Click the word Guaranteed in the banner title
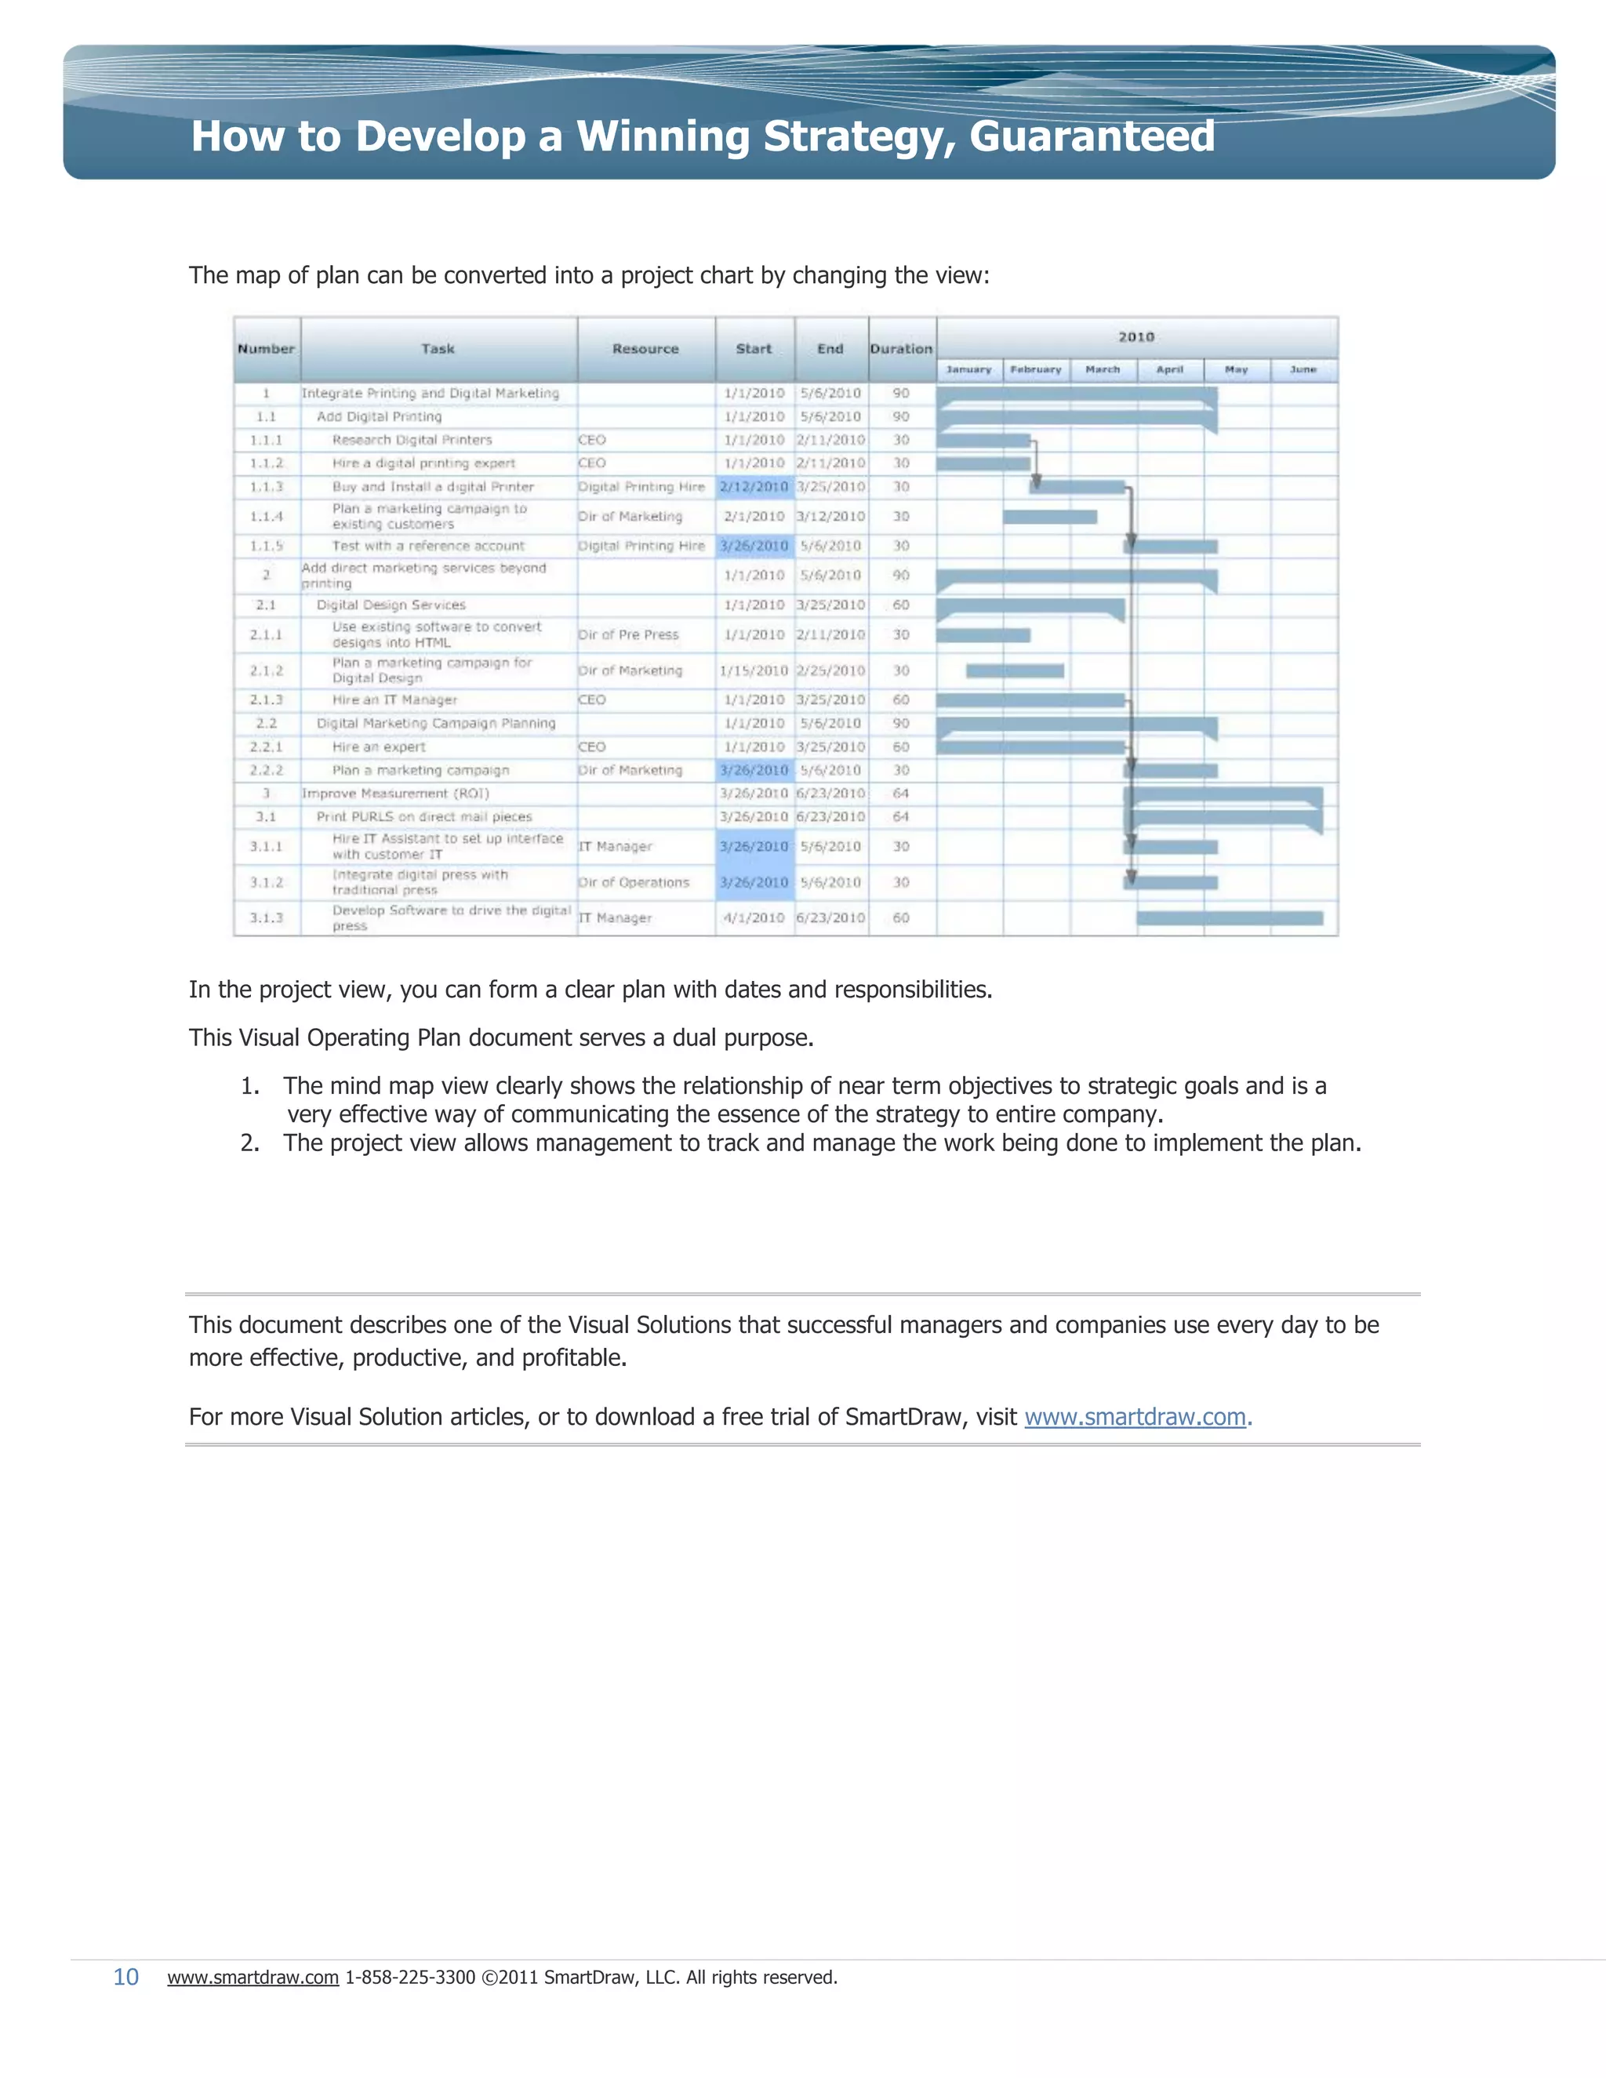[x=1092, y=136]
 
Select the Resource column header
[x=645, y=349]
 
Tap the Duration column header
[x=901, y=349]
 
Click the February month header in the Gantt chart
[x=1035, y=369]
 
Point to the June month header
[x=1303, y=369]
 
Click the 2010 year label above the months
[x=1136, y=337]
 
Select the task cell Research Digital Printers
[x=412, y=440]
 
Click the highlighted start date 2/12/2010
[x=754, y=486]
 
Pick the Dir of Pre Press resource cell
[x=629, y=634]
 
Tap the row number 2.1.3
[x=267, y=699]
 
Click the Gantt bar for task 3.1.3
[x=1230, y=918]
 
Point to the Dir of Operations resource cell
[x=634, y=882]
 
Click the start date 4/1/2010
[x=754, y=918]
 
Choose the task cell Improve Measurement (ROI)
[x=395, y=794]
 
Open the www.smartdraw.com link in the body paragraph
[x=1135, y=1417]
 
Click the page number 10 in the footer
[x=125, y=1977]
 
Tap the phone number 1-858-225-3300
[x=409, y=1977]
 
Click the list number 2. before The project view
[x=249, y=1143]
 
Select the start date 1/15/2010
[x=754, y=670]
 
